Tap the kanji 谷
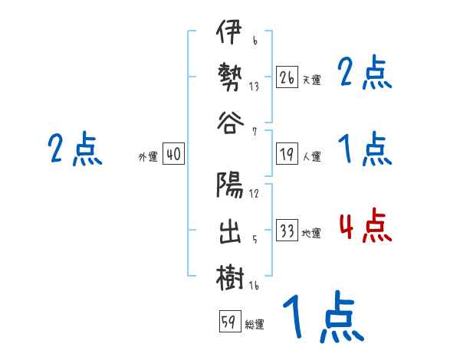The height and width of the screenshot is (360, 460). click(x=229, y=123)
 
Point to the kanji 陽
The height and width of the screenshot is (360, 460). click(x=229, y=185)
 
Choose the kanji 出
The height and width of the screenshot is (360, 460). click(x=229, y=230)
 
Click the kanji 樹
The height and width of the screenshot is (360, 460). click(x=229, y=277)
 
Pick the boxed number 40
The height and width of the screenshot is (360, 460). click(x=173, y=155)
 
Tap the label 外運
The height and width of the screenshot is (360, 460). click(x=148, y=157)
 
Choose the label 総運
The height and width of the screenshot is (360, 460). click(x=255, y=324)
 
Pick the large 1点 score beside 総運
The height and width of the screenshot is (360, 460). click(x=322, y=318)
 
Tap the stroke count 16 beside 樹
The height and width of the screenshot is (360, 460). click(x=254, y=286)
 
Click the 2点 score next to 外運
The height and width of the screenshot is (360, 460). click(x=74, y=149)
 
